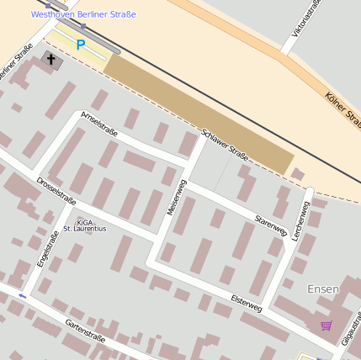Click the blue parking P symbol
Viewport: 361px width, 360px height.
[x=81, y=45]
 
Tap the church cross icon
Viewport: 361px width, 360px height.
[x=51, y=59]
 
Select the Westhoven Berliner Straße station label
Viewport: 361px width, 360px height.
[x=83, y=14]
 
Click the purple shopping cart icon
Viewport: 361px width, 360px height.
[x=326, y=326]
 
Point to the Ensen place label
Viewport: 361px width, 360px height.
[x=323, y=289]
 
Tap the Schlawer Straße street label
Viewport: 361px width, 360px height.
[x=225, y=144]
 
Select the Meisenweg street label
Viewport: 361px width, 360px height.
[x=176, y=198]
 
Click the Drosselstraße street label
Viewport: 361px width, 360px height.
[x=56, y=190]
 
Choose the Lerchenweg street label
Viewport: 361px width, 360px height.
[x=300, y=221]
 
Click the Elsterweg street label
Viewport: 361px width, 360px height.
[x=246, y=303]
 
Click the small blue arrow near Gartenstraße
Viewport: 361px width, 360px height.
[x=23, y=296]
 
